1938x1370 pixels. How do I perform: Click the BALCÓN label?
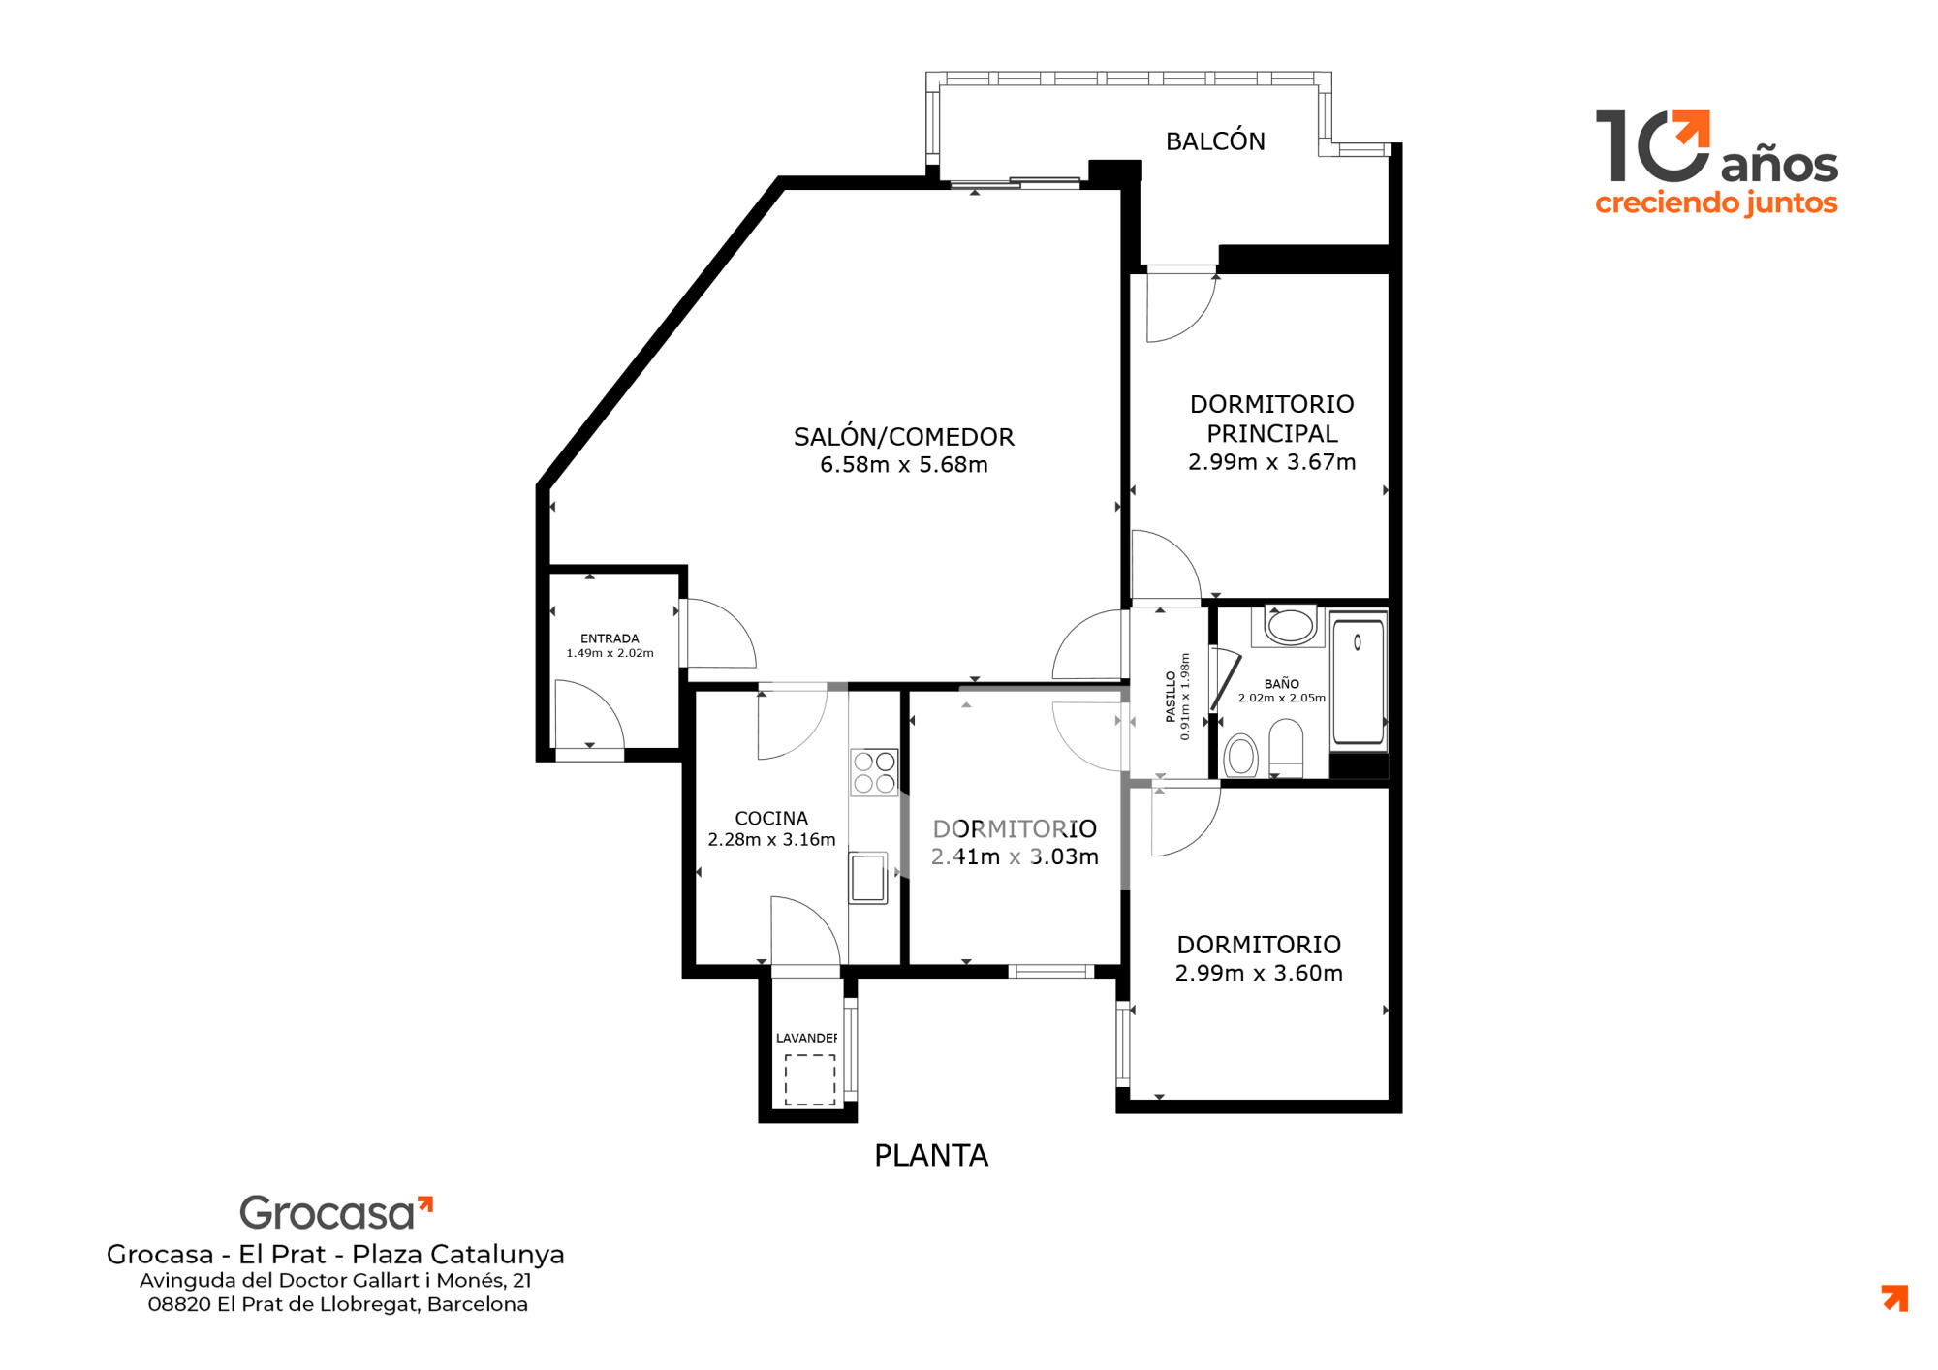tap(1215, 141)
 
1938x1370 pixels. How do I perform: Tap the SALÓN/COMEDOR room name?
tap(904, 437)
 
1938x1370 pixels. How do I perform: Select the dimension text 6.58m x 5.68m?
tap(904, 465)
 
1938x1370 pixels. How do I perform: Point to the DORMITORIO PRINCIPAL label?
tap(1271, 419)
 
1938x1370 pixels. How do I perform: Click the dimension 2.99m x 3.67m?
tap(1271, 462)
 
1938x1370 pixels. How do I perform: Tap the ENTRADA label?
tap(610, 638)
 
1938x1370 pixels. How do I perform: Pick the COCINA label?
tap(771, 819)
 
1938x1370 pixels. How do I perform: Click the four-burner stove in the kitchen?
tap(874, 772)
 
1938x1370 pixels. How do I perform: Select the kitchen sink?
tap(868, 878)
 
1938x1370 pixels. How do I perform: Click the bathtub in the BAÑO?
tap(1358, 681)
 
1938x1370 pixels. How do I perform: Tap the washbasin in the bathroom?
tap(1290, 626)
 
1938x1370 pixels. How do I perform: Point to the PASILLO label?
tap(1171, 696)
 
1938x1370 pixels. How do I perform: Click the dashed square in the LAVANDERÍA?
tap(810, 1080)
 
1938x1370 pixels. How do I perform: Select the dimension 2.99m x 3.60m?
tap(1259, 973)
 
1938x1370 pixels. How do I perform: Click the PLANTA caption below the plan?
tap(931, 1156)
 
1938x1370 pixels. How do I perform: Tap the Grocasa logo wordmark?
tap(336, 1212)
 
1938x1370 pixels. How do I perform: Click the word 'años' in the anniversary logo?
tap(1779, 165)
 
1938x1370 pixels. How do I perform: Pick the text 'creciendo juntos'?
tap(1716, 203)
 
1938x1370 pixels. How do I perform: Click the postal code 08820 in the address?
tap(179, 1304)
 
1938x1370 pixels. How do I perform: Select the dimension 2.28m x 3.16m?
tap(771, 840)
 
